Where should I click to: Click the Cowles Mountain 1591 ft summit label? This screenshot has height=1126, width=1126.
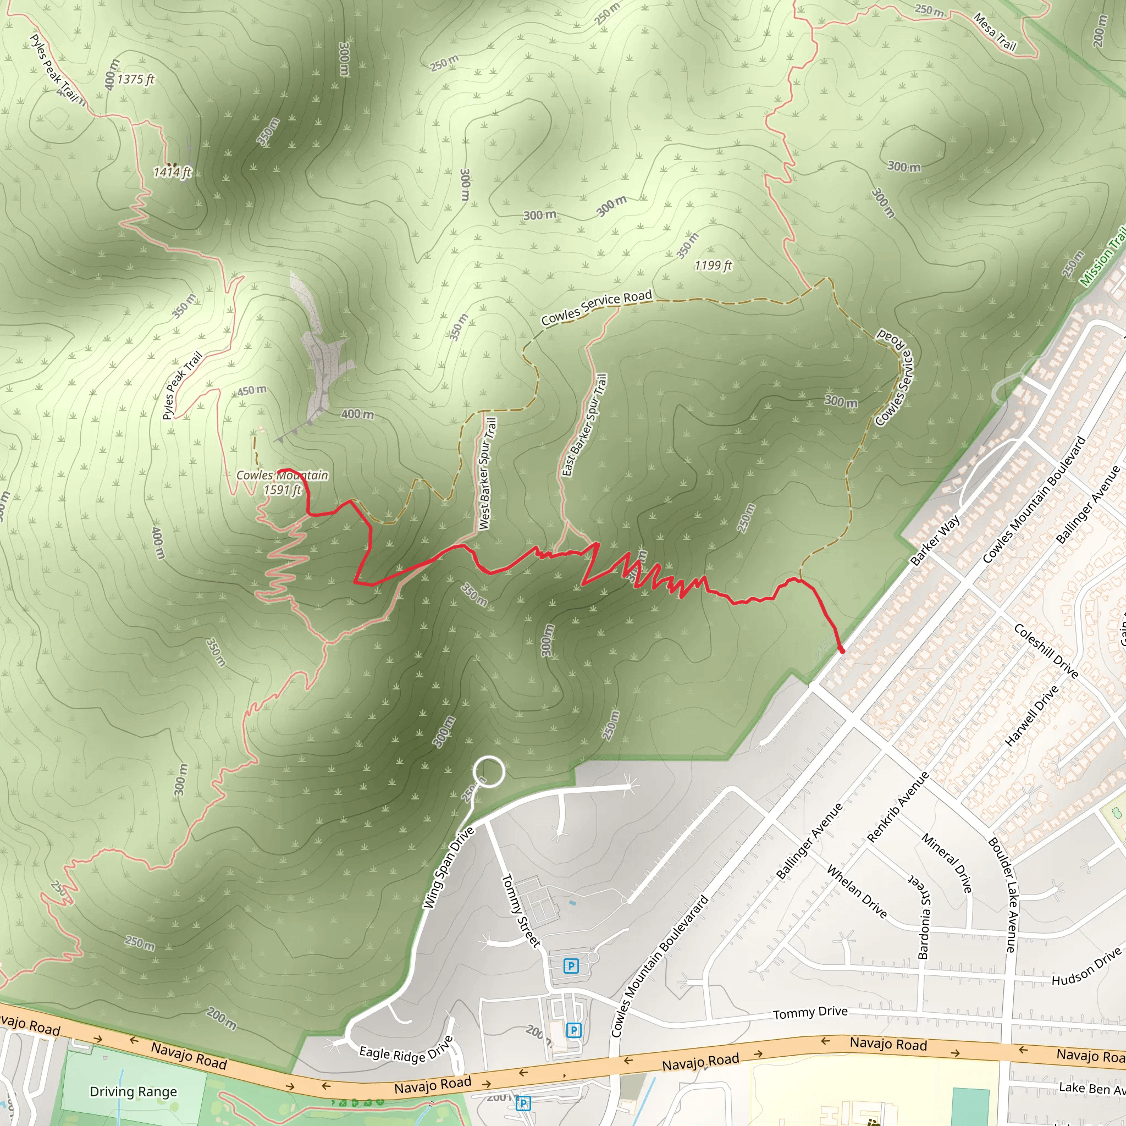[282, 483]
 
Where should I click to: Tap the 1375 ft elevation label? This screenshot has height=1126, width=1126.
[136, 79]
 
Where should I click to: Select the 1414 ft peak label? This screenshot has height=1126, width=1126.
[173, 173]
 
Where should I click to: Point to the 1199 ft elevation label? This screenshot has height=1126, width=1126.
[713, 266]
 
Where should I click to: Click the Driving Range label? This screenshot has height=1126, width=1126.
[134, 1091]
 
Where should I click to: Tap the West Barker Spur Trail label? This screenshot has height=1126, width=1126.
[487, 473]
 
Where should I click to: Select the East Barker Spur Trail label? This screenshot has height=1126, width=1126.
[584, 426]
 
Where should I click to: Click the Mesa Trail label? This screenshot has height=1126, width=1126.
[995, 32]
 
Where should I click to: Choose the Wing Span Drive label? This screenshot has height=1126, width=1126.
[448, 868]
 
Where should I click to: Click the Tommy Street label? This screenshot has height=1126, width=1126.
[521, 910]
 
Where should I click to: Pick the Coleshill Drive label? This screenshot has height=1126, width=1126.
[1046, 651]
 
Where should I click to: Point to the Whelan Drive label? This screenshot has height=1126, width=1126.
[857, 892]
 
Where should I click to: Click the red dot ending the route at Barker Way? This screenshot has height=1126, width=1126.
[841, 649]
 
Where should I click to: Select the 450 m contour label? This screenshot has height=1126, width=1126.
[252, 390]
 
